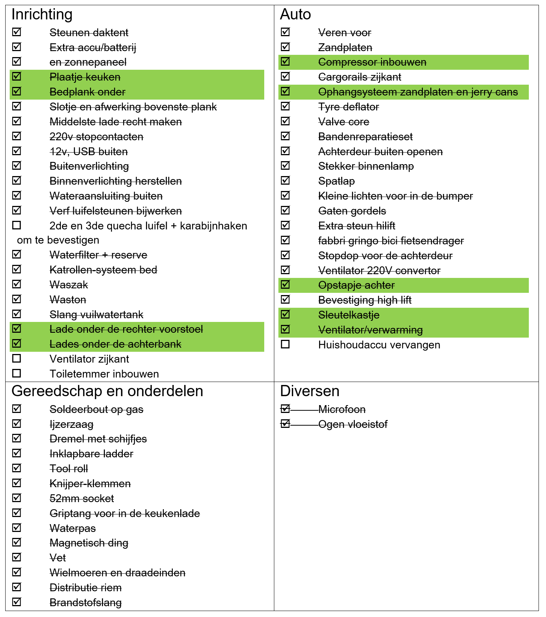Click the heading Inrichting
point(42,15)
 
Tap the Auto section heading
point(295,15)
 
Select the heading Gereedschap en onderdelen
point(107,391)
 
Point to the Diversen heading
point(310,391)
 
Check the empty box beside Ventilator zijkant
point(16,358)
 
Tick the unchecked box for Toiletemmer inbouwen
point(16,373)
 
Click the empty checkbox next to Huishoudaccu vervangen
point(285,344)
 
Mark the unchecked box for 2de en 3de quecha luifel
point(16,225)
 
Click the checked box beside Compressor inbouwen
point(285,62)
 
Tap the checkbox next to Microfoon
point(285,409)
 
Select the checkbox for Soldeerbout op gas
point(16,409)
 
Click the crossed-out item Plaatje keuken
point(85,77)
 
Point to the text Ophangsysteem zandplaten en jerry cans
point(418,92)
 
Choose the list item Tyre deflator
point(349,107)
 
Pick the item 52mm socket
point(82,499)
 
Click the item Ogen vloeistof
point(353,425)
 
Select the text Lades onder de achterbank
point(115,344)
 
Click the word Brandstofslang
point(85,603)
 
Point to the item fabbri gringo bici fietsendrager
point(391,241)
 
